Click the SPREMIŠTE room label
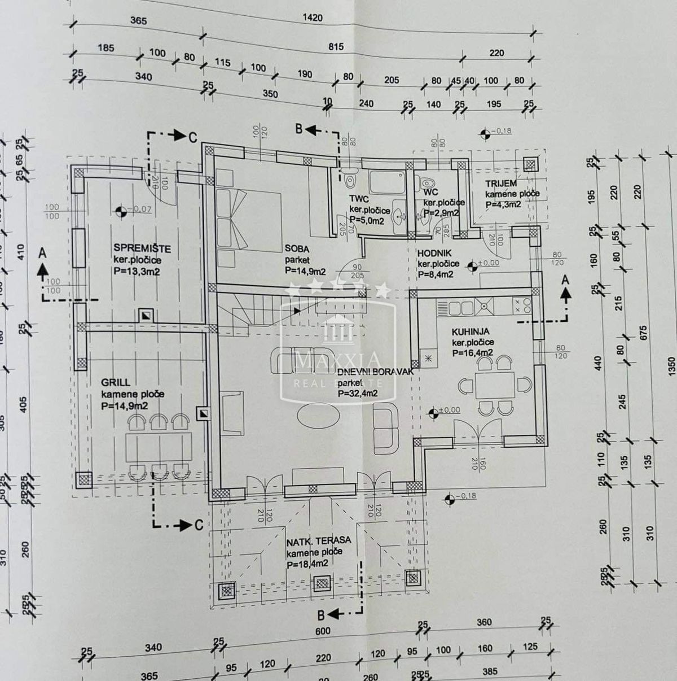142,248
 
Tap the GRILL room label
115,382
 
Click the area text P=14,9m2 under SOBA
305,271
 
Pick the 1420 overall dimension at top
312,18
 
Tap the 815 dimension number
336,47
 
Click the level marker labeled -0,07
120,212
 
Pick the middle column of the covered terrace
322,584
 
